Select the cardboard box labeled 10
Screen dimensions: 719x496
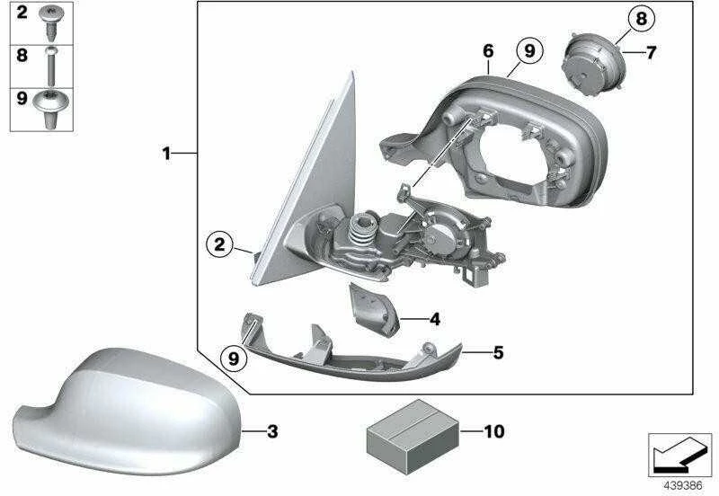coord(413,437)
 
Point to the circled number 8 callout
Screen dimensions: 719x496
coord(641,19)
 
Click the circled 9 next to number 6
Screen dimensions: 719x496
coord(529,50)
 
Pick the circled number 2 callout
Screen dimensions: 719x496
coord(219,244)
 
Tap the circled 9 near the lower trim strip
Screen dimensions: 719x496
coord(234,358)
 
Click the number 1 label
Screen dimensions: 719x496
coord(167,153)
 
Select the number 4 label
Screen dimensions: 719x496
coord(435,319)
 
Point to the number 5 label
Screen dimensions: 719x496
coord(499,352)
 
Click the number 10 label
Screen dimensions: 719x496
coord(494,431)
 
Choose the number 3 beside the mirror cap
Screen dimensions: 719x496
coord(272,431)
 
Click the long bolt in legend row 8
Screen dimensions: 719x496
coord(51,66)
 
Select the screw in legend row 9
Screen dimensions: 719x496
coord(51,109)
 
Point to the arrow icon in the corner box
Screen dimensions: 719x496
coord(679,455)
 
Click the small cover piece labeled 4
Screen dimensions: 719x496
coord(373,309)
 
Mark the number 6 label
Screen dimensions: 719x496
coord(488,51)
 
